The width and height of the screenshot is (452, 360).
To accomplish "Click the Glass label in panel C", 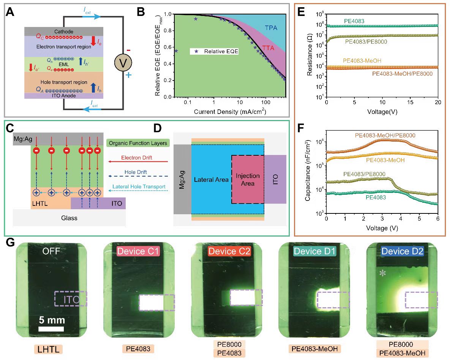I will click(69, 218).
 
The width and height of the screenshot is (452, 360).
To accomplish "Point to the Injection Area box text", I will click(248, 179).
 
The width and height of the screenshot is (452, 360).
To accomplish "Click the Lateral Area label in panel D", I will click(211, 180).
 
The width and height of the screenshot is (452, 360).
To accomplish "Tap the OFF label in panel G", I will click(51, 251).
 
